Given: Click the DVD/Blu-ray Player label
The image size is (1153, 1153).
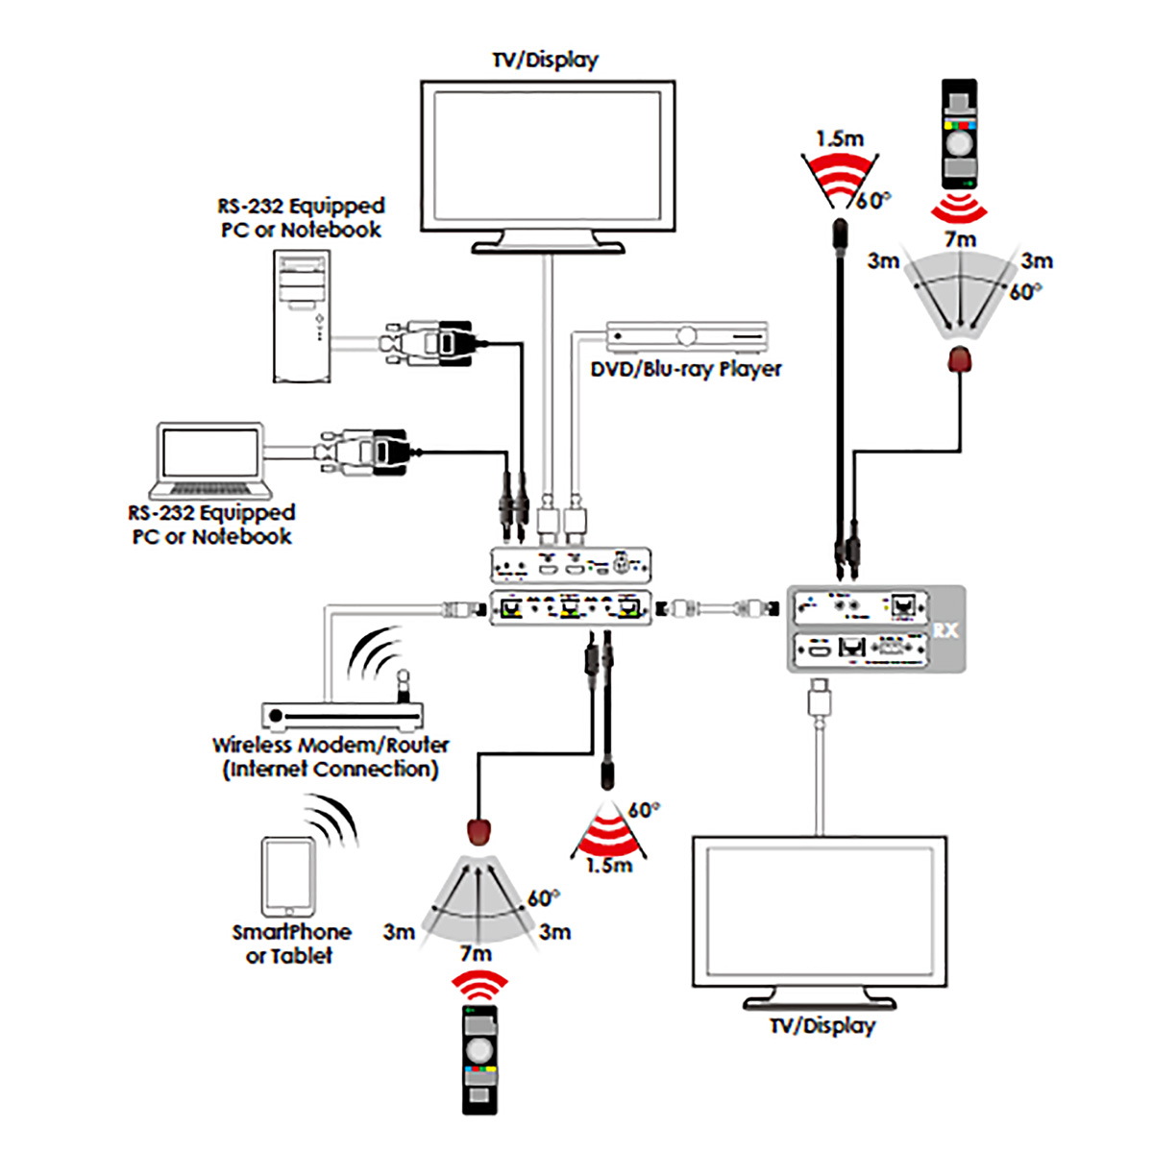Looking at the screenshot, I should [686, 369].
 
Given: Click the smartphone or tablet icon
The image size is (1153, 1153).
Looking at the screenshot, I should [288, 877].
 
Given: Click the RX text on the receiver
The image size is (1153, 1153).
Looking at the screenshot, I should [945, 630].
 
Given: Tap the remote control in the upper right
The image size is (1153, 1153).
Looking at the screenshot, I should [958, 135].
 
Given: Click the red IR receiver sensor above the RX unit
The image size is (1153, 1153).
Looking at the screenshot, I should [960, 361].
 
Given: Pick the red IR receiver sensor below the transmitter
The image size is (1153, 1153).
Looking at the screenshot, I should [478, 829].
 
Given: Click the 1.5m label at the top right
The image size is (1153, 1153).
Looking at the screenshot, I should [839, 138].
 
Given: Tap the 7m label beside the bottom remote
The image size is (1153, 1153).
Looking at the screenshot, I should [476, 954].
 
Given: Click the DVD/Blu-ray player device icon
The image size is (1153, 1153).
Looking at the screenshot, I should [687, 336].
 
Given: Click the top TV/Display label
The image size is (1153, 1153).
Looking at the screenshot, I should [545, 60].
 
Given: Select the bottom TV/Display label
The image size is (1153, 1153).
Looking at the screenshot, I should [822, 1025].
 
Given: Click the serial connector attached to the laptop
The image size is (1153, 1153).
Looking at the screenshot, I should [365, 452].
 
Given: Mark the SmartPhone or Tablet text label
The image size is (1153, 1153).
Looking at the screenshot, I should [291, 944].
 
